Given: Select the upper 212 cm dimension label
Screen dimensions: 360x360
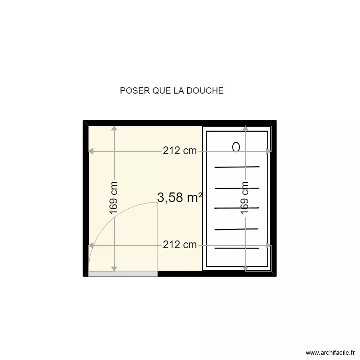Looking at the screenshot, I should (x=180, y=151).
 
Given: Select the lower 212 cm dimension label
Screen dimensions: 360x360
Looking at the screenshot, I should (x=180, y=245).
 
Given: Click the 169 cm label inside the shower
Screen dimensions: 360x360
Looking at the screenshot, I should (x=245, y=197).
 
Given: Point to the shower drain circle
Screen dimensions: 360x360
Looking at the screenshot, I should (x=236, y=147).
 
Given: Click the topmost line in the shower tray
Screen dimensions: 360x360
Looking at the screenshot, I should (x=237, y=167).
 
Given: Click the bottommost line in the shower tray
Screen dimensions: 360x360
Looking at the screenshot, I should (x=237, y=248).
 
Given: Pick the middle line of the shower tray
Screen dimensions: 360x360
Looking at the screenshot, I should (x=237, y=208).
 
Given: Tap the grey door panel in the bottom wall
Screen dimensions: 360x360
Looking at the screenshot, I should (x=123, y=274).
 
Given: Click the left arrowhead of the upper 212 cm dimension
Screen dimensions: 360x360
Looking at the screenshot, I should (x=91, y=151).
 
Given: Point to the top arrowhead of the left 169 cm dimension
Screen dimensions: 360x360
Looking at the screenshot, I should (x=114, y=129).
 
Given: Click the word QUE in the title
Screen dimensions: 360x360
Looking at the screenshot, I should (x=164, y=91).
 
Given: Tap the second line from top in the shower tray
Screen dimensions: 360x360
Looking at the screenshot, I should (x=237, y=188).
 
